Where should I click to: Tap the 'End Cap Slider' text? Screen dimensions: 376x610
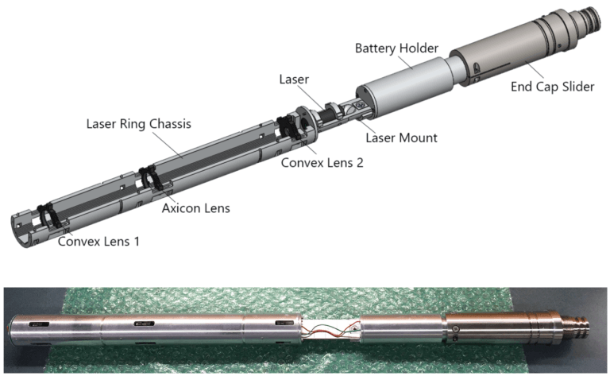coord(552,87)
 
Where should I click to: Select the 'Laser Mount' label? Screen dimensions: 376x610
coord(401,138)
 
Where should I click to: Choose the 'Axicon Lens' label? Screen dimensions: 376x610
coord(196,208)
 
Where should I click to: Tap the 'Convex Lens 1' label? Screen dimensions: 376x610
coord(98,239)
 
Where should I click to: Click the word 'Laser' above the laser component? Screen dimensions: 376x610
coord(295,80)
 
